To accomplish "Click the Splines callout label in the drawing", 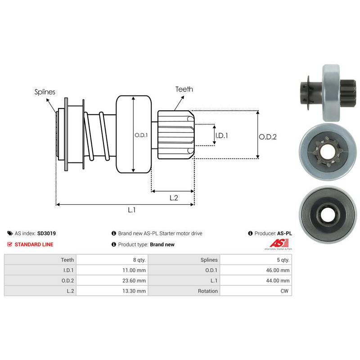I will [x=45, y=92].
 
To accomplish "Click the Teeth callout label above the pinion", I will [x=184, y=89].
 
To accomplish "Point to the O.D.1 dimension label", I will [x=141, y=135].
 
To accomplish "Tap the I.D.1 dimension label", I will [x=221, y=135].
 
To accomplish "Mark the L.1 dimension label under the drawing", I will [x=131, y=210].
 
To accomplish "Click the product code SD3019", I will [x=46, y=234].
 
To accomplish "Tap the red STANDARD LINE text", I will [x=34, y=244].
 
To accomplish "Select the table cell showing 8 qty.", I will [x=138, y=260].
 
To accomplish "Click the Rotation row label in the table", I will [x=208, y=291].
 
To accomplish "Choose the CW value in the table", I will [x=285, y=291].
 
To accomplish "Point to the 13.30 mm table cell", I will [x=135, y=291].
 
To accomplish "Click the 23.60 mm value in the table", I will [x=135, y=280].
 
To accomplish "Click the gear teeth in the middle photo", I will [x=326, y=153].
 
